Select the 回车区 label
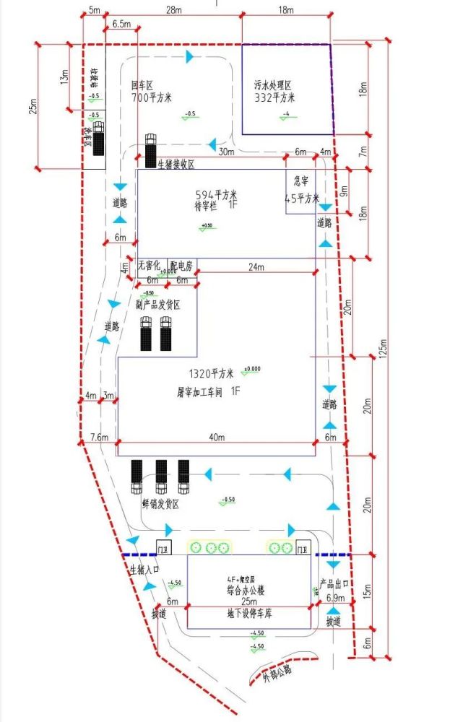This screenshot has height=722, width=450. pos(144,84)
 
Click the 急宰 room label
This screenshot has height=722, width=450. pos(300,182)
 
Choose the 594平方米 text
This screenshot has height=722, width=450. pos(217,195)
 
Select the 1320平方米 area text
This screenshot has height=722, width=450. pos(211,374)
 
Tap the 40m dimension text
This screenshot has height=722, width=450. pos(217,438)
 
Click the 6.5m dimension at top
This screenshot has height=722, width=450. pos(121,25)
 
